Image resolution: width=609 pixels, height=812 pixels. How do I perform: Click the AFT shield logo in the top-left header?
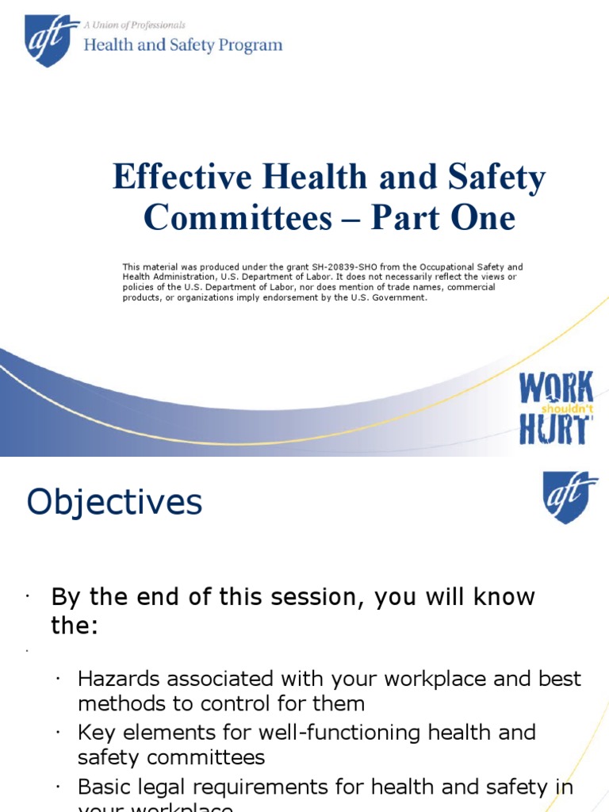52,41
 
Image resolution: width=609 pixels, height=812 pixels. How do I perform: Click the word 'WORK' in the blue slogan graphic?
556,389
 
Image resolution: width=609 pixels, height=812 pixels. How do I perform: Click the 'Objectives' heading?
115,503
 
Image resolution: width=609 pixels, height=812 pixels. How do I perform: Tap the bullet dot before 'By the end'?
26,596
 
